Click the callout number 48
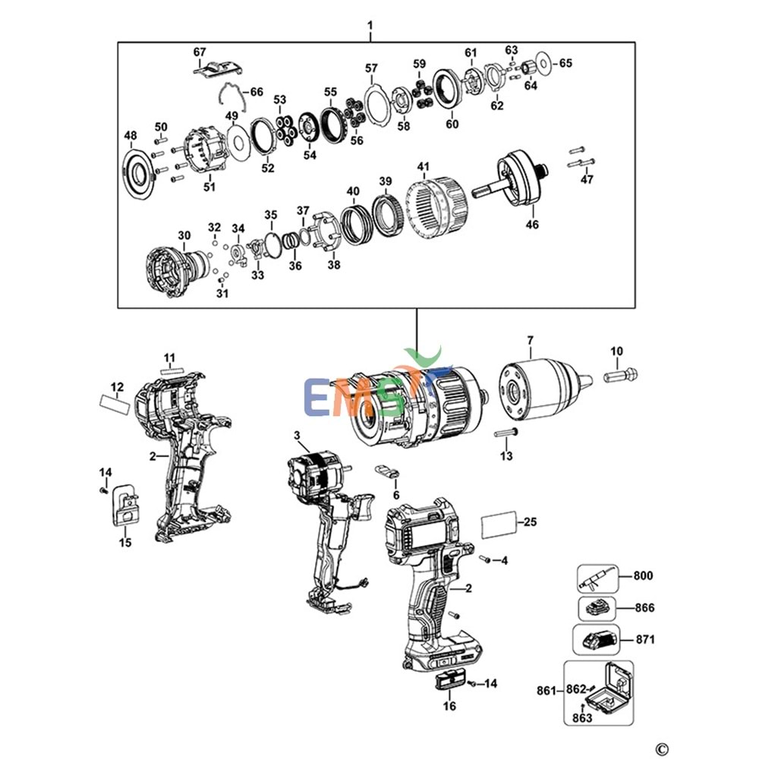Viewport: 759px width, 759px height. coord(131,136)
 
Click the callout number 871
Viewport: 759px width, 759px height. coord(644,640)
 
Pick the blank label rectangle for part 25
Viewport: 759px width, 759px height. coord(499,524)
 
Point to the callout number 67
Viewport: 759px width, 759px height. coord(200,52)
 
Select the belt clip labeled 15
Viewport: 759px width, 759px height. coord(124,504)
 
